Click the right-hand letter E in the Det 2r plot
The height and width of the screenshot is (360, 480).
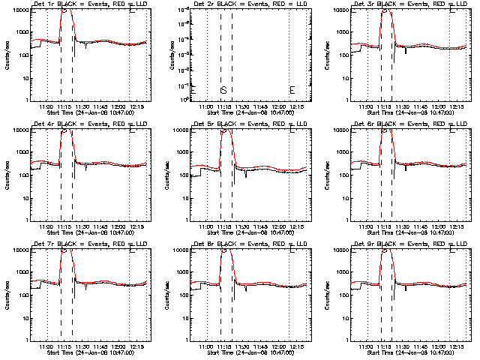click(x=292, y=90)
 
